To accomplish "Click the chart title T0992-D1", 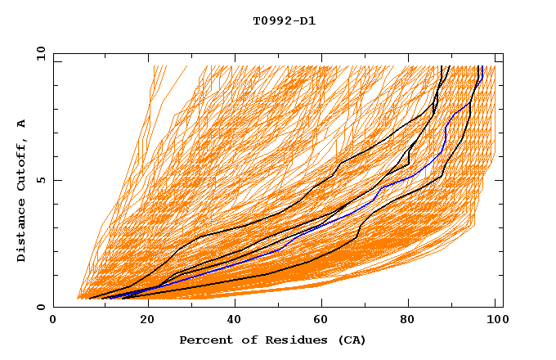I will coord(284,21).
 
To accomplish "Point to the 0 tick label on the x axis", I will coord(53,321).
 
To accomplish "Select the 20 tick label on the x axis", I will coord(147,321).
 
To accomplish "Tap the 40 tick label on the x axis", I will coord(235,321).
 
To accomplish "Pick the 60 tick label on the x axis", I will coord(324,321).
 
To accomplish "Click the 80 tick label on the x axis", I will coord(412,321).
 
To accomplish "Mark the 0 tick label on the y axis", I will coord(40,308).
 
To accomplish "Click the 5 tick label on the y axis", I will coord(40,181).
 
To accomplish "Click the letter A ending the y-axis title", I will coord(22,124).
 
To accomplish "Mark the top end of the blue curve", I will coord(482,66).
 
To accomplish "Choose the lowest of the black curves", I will coord(311,261).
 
